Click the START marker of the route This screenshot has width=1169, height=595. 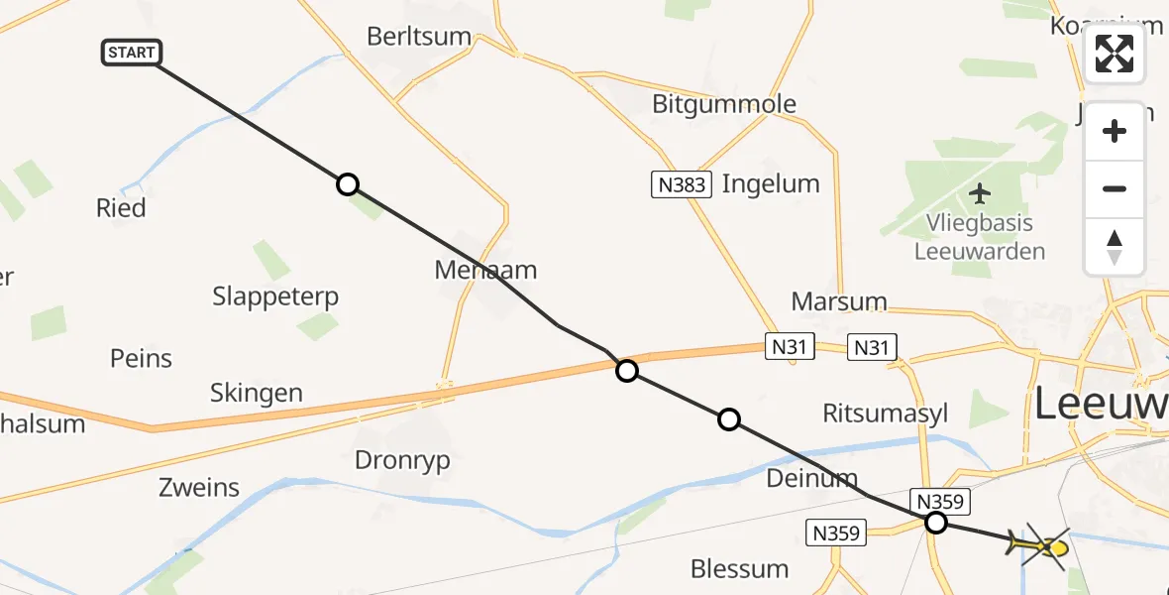pyautogui.click(x=132, y=53)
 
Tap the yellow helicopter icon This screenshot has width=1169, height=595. pyautogui.click(x=1043, y=546)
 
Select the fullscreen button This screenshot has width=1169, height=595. pyautogui.click(x=1115, y=54)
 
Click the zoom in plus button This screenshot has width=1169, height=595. pyautogui.click(x=1115, y=131)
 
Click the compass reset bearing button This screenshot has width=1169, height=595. pyautogui.click(x=1115, y=247)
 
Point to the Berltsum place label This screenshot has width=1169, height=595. pyautogui.click(x=419, y=37)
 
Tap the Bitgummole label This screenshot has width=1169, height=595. pyautogui.click(x=724, y=104)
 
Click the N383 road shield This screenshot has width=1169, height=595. pyautogui.click(x=682, y=184)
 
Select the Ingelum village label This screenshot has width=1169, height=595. pyautogui.click(x=771, y=183)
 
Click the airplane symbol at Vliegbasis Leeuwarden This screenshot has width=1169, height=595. pyautogui.click(x=981, y=191)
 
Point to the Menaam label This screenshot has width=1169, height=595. pyautogui.click(x=485, y=269)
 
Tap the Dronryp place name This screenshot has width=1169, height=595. pyautogui.click(x=402, y=460)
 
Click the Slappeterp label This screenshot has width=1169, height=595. pyautogui.click(x=275, y=296)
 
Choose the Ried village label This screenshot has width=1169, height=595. pyautogui.click(x=121, y=208)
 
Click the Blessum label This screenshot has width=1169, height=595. pyautogui.click(x=740, y=569)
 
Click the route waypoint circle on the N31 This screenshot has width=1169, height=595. pyautogui.click(x=627, y=371)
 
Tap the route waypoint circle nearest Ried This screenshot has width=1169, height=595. pyautogui.click(x=348, y=184)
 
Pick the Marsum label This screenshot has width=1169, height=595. pyautogui.click(x=839, y=301)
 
